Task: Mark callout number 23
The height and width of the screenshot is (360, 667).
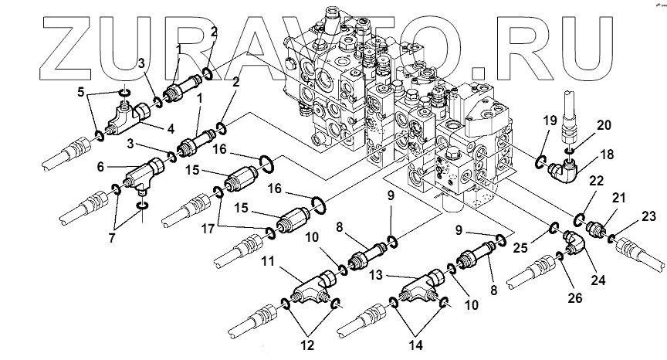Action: point(648,216)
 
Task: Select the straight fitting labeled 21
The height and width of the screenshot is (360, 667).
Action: point(596,227)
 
